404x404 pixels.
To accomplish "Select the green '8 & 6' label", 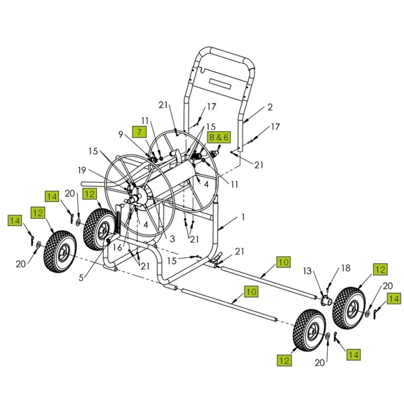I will [219, 136].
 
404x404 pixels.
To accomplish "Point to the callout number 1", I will [243, 218].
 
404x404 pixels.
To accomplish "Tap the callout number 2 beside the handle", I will [270, 107].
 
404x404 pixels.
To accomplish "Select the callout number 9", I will [122, 135].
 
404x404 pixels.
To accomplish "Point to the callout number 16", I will [116, 247].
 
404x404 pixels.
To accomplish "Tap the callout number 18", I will [345, 268].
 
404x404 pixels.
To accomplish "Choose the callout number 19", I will [102, 170].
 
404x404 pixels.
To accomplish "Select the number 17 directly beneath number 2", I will [275, 127].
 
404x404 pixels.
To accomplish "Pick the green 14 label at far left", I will [15, 220].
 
